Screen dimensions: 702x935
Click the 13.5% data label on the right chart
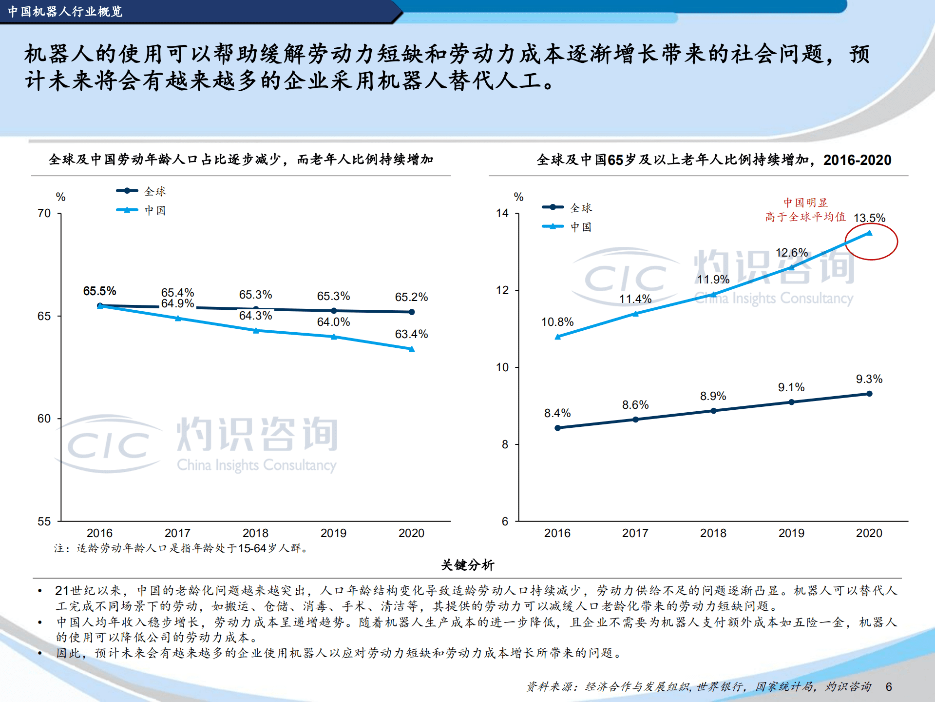click(869, 218)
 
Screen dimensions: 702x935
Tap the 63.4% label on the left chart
click(411, 334)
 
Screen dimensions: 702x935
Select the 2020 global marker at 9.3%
click(869, 394)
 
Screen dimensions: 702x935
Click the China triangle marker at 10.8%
click(558, 337)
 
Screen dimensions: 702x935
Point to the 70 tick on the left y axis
click(44, 213)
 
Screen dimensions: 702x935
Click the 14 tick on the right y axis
click(502, 213)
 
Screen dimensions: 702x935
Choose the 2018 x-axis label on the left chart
click(255, 533)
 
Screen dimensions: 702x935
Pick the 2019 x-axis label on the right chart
click(791, 533)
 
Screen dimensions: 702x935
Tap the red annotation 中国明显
click(805, 202)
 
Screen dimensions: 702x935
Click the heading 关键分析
click(467, 565)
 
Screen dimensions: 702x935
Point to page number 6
click(889, 687)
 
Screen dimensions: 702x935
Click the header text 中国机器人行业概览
click(65, 11)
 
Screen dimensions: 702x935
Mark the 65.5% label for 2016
click(99, 291)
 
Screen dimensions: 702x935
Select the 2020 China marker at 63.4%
click(412, 349)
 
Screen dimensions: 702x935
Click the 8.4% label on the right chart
click(557, 413)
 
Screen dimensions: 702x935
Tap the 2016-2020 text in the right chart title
click(857, 160)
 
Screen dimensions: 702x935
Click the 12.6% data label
click(792, 253)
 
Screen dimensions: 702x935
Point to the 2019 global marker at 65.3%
click(334, 311)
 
